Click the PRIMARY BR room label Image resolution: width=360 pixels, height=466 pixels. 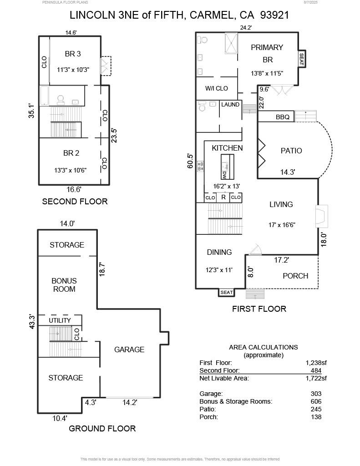pos(267,47)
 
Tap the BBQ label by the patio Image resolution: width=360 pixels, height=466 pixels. pos(282,117)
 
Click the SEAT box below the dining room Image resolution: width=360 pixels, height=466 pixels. pos(226,293)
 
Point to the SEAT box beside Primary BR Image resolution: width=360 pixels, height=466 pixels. pos(301,59)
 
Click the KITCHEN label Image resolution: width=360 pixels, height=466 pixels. pos(227,148)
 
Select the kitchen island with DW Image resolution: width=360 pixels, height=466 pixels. pos(227,167)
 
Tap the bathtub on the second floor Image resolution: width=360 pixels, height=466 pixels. pos(44,96)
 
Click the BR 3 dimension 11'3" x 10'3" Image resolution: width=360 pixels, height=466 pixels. pos(73,70)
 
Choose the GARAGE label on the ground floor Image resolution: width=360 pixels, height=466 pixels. pos(129,349)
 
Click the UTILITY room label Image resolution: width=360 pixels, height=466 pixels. pos(60,320)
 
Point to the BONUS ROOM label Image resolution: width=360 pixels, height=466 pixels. pos(64,285)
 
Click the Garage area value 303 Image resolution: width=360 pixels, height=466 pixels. pos(315,394)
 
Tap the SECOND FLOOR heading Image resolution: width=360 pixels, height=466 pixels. pos(75,201)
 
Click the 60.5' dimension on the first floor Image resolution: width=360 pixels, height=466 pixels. pos(191,161)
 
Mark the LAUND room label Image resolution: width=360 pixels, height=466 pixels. pos(230,105)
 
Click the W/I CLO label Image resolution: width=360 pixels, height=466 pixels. pos(216,88)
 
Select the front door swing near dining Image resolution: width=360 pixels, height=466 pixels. pos(255,249)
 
